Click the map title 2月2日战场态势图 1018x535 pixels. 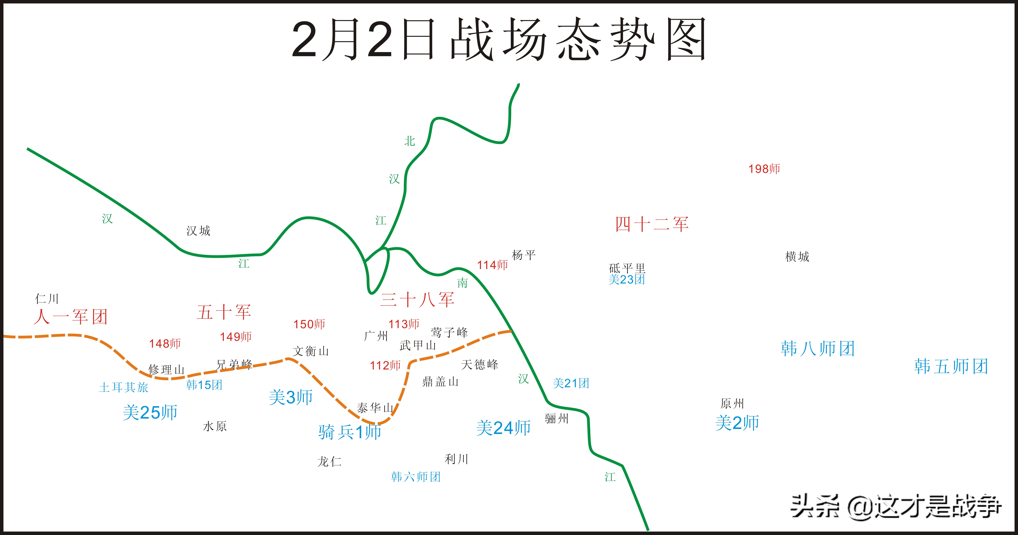click(x=499, y=39)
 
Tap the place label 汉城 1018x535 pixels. click(x=198, y=231)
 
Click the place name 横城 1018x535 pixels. click(x=797, y=257)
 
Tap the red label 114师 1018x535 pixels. click(x=492, y=265)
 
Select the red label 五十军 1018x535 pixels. click(x=224, y=312)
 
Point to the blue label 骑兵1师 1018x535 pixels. click(x=350, y=432)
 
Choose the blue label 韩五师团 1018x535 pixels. click(x=951, y=366)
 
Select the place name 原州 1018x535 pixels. click(x=732, y=403)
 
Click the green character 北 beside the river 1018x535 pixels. click(x=409, y=141)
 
